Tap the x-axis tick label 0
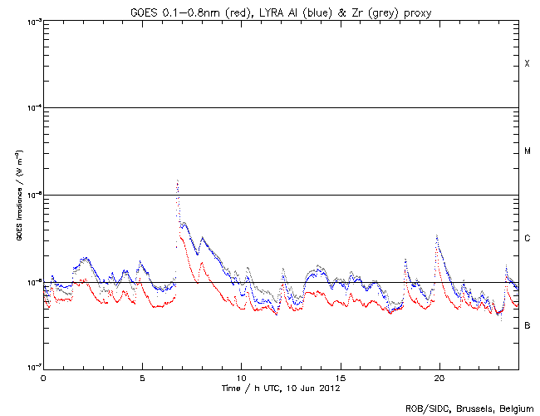[43, 377]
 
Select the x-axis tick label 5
[142, 377]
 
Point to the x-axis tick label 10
[241, 377]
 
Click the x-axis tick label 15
[340, 377]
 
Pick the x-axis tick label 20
[439, 377]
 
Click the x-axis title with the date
[281, 388]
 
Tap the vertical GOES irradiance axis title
[18, 195]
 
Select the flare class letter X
[527, 64]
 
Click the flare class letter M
[527, 151]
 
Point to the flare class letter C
[527, 239]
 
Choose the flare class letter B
[527, 325]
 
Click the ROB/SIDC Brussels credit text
[469, 408]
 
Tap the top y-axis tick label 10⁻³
[32, 22]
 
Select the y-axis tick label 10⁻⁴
[32, 108]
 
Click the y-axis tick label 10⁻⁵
[32, 196]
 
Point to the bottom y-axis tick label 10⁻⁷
[32, 369]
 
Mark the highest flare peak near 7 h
[177, 180]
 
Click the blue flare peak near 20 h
[437, 235]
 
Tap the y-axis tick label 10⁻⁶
[32, 283]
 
